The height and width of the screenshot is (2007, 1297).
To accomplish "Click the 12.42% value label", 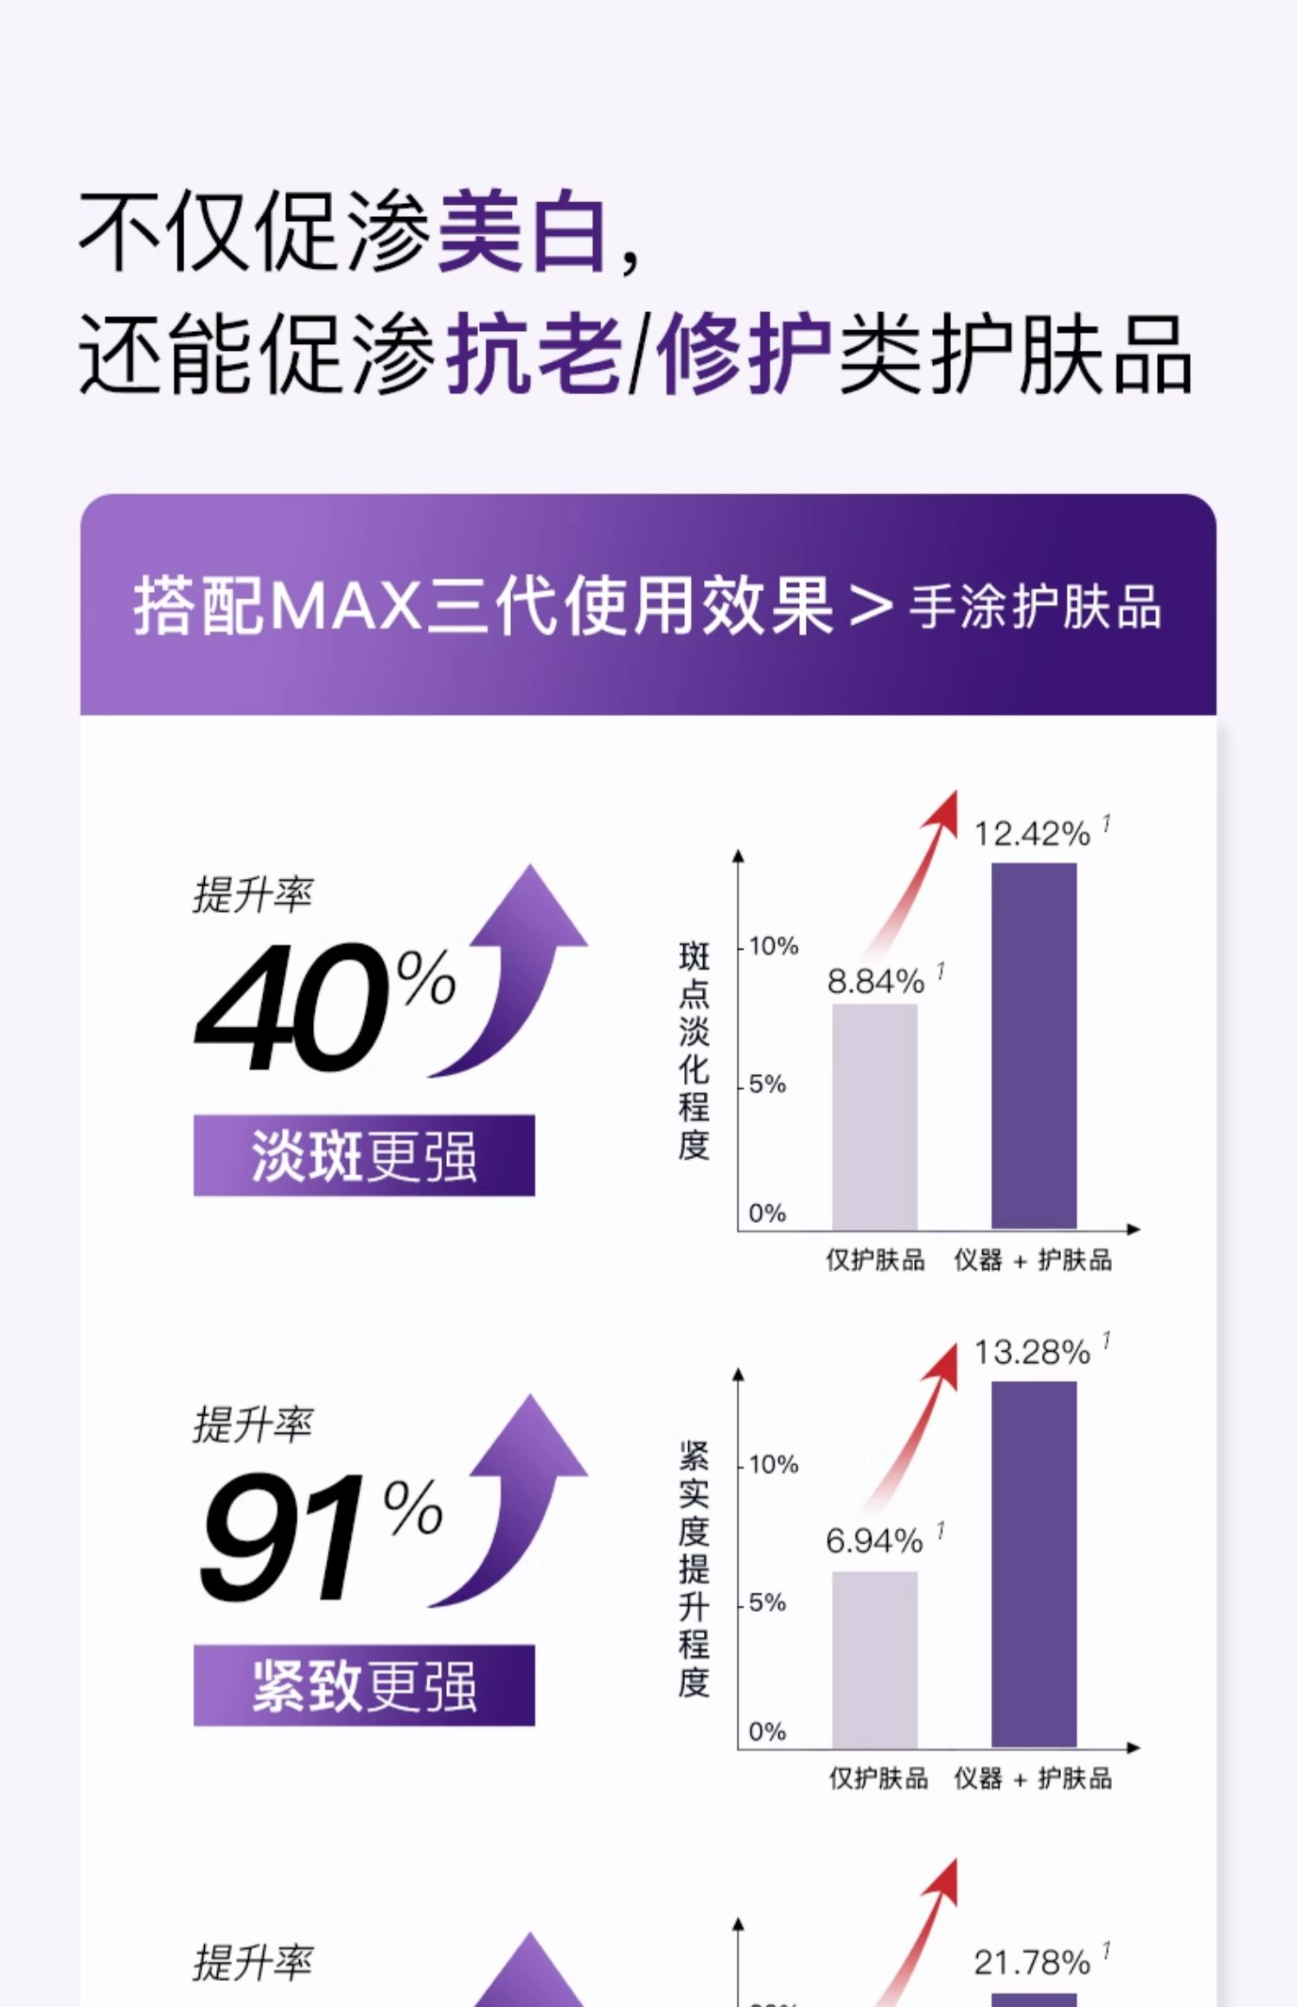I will [1032, 834].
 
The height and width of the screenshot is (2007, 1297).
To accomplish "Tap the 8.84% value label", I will [876, 982].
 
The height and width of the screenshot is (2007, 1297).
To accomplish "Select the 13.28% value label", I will [1032, 1353].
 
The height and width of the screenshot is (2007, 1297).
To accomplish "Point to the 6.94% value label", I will [874, 1541].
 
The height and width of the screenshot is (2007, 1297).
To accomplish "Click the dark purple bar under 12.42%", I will [1033, 1046].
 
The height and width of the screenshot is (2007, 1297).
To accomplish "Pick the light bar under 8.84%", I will [874, 1116].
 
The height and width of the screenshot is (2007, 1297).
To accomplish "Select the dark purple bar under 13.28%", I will [1033, 1564].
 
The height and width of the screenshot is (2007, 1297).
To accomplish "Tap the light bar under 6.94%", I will [874, 1660].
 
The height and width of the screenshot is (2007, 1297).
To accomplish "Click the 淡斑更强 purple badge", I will [364, 1156].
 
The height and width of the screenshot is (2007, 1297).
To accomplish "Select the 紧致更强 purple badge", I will [364, 1685].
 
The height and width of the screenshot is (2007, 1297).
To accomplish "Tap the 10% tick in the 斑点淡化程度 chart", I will [773, 946].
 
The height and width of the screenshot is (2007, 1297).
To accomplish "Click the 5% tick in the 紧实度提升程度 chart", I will [767, 1603].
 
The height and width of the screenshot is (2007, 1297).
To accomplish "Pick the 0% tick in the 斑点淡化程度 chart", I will [767, 1214].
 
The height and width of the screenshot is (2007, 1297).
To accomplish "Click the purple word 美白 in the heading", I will [523, 232].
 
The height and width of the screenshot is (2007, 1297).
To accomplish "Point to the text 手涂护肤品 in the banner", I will [1034, 607].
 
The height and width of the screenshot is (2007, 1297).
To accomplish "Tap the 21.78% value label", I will [1032, 1962].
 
